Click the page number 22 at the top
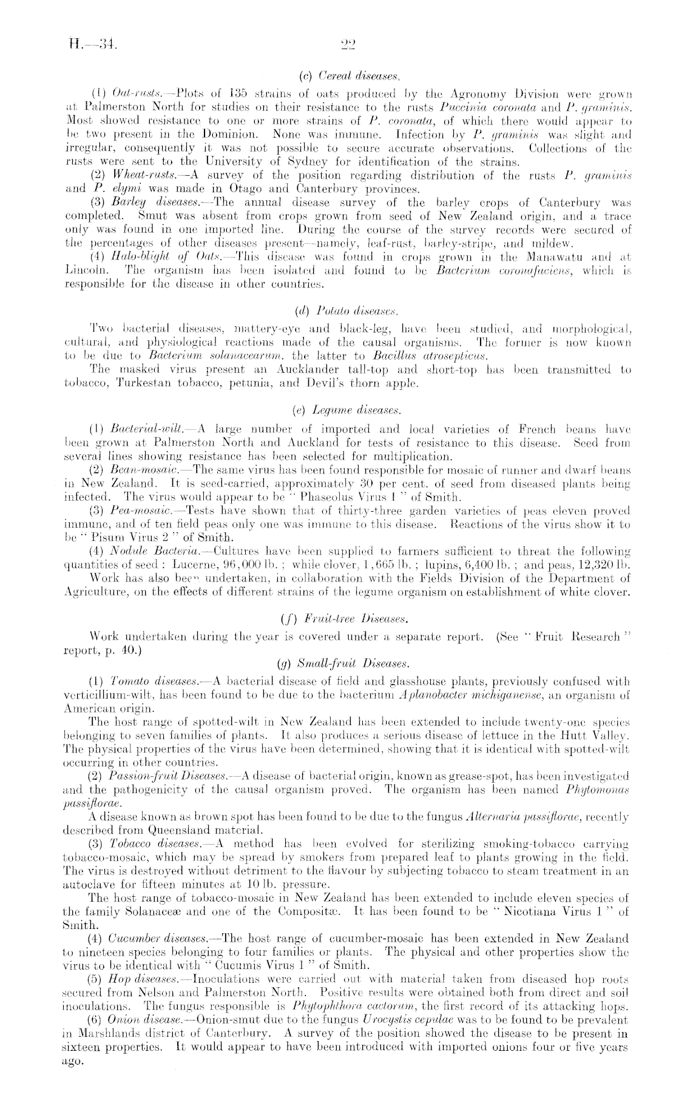tap(349, 44)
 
